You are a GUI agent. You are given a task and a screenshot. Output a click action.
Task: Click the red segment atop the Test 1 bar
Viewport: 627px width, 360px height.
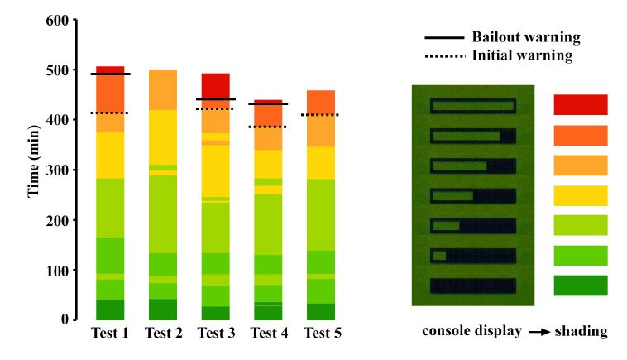pyautogui.click(x=110, y=70)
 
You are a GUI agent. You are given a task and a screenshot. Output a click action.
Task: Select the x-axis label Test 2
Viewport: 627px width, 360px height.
pyautogui.click(x=164, y=334)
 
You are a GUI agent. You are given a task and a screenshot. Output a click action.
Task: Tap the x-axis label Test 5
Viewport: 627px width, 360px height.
pyautogui.click(x=322, y=334)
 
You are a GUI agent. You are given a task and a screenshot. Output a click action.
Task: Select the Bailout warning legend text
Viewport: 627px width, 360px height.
pyautogui.click(x=525, y=37)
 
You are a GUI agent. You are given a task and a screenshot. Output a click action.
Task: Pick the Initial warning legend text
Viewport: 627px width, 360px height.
pyautogui.click(x=522, y=55)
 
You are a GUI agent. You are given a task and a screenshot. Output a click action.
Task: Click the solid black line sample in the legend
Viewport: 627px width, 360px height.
pyautogui.click(x=443, y=38)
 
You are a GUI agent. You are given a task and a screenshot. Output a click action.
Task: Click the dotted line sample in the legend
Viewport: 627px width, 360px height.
pyautogui.click(x=443, y=56)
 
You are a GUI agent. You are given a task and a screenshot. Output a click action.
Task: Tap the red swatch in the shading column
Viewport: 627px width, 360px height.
pyautogui.click(x=580, y=104)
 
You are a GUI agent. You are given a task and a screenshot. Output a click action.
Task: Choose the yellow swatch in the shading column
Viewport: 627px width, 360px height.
pyautogui.click(x=580, y=195)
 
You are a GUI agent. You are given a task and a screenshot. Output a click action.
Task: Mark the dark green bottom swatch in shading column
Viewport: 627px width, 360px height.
pyautogui.click(x=580, y=286)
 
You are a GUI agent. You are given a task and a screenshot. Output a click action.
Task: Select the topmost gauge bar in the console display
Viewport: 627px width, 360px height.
pyautogui.click(x=472, y=107)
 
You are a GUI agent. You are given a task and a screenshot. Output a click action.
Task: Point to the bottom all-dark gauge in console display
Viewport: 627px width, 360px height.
pyautogui.click(x=472, y=286)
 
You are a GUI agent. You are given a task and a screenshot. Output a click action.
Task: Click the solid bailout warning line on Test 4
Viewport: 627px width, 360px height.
pyautogui.click(x=268, y=103)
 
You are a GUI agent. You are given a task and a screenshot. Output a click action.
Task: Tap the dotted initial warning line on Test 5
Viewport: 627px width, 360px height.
pyautogui.click(x=321, y=115)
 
